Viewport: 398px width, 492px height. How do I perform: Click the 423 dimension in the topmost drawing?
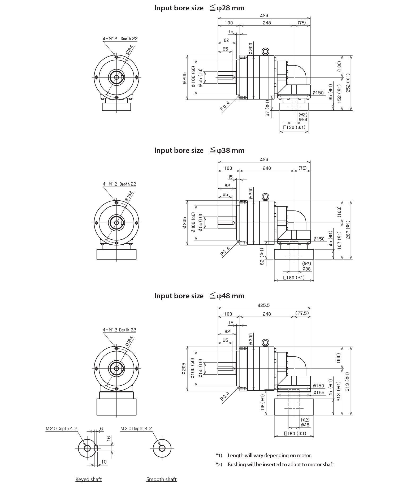264,16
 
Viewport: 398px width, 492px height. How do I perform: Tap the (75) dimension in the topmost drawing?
302,23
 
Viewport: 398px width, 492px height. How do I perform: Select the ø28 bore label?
303,120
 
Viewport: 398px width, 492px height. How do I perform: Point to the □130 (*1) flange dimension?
294,127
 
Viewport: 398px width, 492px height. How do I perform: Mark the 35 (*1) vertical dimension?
331,92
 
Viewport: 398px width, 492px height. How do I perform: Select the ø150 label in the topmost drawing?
318,93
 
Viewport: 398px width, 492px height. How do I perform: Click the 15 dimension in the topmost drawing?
231,32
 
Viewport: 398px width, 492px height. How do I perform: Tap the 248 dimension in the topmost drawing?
267,23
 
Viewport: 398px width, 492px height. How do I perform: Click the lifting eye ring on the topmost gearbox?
265,51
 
